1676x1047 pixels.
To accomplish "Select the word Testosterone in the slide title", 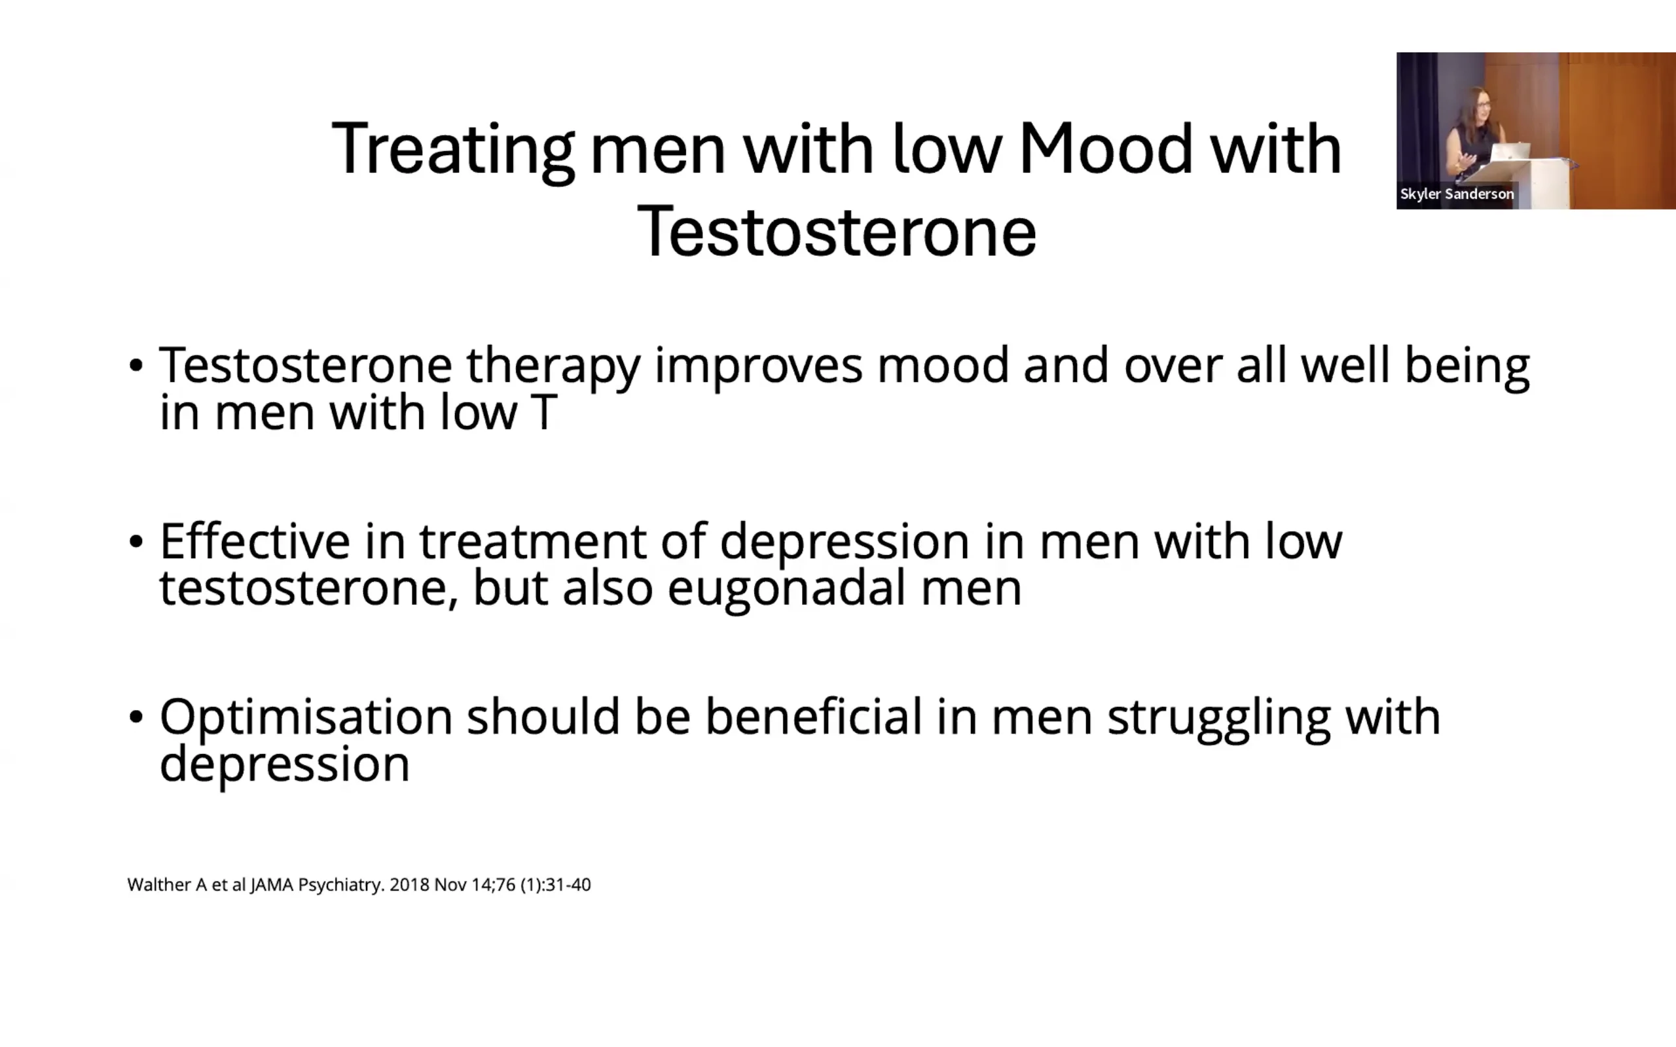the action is pyautogui.click(x=837, y=230).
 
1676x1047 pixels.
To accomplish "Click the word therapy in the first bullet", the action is pyautogui.click(x=553, y=367).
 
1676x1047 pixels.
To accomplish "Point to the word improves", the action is pyautogui.click(x=759, y=367).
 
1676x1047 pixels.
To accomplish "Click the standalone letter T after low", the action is pyautogui.click(x=543, y=413).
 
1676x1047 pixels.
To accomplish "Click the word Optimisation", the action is pyautogui.click(x=306, y=717).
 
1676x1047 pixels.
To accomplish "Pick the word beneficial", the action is pyautogui.click(x=814, y=717).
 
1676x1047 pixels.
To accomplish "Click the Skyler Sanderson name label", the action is pyautogui.click(x=1457, y=194).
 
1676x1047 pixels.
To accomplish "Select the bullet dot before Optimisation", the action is pyautogui.click(x=136, y=717).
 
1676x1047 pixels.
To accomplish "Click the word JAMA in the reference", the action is pyautogui.click(x=272, y=885).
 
